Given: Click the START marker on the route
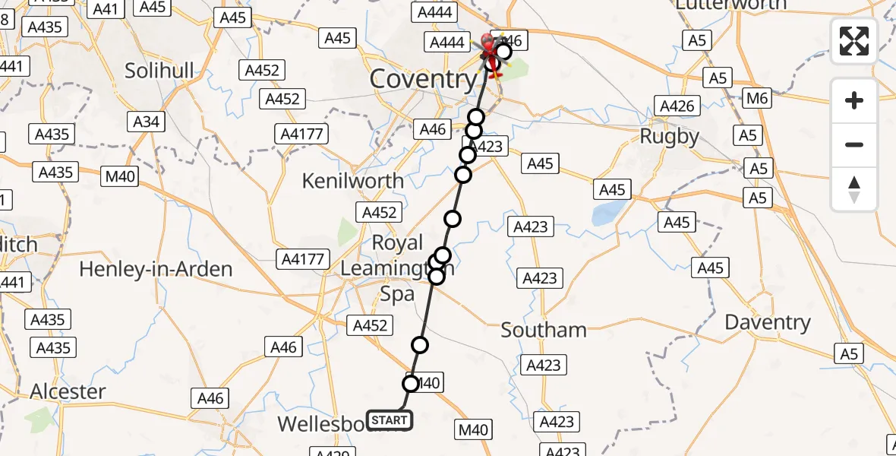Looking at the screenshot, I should [x=390, y=420].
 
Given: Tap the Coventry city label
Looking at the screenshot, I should [x=423, y=79].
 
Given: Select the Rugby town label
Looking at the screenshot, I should [x=669, y=136].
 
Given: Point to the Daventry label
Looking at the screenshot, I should [x=768, y=322].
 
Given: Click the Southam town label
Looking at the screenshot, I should [x=544, y=330].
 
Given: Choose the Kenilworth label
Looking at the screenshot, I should [x=353, y=181].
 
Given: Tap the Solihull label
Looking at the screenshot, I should [x=160, y=70].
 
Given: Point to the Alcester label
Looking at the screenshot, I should [x=68, y=391].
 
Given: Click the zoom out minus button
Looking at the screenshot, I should [x=854, y=144].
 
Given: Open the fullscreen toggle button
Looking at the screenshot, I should [x=854, y=40].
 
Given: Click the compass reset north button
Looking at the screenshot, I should [x=854, y=189].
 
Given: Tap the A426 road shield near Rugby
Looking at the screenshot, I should [x=677, y=106].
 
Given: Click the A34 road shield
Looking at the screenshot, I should [x=147, y=122].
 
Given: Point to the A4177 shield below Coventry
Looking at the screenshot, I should [x=302, y=135].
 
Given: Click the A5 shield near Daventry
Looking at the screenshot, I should [x=848, y=353].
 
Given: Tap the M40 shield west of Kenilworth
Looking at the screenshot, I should [x=121, y=177].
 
